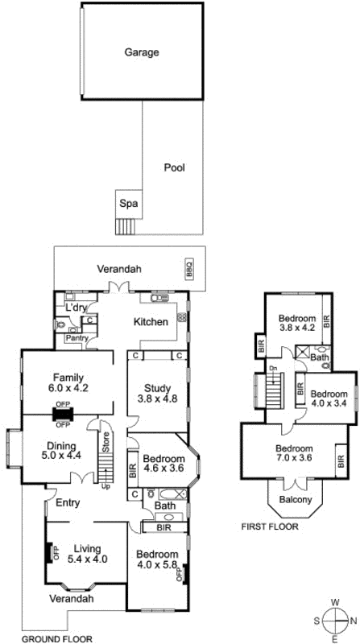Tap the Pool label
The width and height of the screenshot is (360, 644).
tap(174, 168)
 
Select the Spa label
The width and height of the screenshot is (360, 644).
tap(127, 204)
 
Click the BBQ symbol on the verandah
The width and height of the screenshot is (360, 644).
tap(190, 268)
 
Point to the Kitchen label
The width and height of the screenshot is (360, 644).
tap(151, 322)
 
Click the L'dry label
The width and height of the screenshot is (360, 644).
tap(77, 308)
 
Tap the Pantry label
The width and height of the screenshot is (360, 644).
tap(77, 338)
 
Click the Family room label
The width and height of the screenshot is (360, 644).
tap(64, 377)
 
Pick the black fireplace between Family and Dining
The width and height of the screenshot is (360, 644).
tap(62, 415)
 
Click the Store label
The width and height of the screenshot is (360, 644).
tap(105, 443)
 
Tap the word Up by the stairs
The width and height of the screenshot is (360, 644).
tap(105, 485)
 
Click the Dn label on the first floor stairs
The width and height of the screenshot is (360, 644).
tap(273, 369)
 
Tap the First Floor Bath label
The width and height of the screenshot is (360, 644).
tap(320, 357)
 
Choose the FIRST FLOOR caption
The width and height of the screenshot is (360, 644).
tap(270, 527)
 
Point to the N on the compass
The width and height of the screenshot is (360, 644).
tap(354, 620)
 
